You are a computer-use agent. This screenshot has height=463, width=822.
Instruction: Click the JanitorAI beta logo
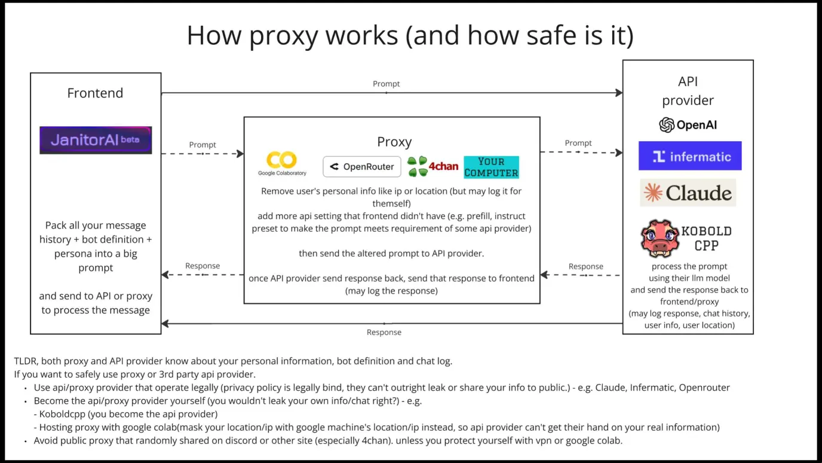click(x=96, y=140)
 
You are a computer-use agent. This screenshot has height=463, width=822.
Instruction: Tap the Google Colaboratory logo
click(x=282, y=163)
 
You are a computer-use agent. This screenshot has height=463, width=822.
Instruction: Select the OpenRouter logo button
click(x=362, y=167)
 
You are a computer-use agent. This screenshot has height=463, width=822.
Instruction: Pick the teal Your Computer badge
click(x=491, y=167)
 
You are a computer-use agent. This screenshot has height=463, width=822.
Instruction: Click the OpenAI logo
click(x=688, y=125)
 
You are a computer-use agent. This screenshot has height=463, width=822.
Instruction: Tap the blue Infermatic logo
click(x=690, y=156)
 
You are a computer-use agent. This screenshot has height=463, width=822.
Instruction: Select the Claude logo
click(x=688, y=193)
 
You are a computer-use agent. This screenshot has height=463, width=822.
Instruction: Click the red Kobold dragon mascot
click(x=660, y=238)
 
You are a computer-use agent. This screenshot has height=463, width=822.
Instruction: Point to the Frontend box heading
click(x=95, y=93)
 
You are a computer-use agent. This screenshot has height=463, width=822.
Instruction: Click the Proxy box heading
click(x=394, y=142)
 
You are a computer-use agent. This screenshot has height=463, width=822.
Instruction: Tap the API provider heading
click(x=688, y=91)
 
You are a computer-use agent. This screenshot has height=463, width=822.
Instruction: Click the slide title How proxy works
click(x=410, y=36)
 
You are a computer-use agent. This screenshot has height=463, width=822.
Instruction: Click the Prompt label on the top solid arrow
click(x=387, y=84)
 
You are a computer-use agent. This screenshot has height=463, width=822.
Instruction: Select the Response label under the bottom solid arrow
click(x=384, y=333)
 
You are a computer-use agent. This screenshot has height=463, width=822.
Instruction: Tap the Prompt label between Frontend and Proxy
click(x=203, y=145)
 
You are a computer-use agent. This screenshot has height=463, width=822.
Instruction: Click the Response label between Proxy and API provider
click(x=585, y=267)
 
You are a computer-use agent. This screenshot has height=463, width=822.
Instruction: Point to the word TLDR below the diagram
click(x=26, y=361)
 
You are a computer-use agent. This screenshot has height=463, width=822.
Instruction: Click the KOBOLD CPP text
click(x=706, y=238)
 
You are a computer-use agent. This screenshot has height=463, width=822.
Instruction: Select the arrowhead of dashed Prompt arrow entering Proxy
click(x=240, y=154)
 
